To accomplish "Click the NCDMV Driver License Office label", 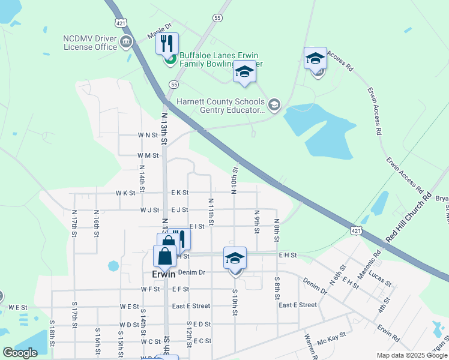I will [x=90, y=43].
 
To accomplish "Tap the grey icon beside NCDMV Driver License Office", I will [x=126, y=42].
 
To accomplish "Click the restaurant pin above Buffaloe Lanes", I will [x=167, y=44].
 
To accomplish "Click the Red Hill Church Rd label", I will [x=409, y=217].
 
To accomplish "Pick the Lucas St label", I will [x=380, y=278].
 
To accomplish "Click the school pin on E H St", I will [x=235, y=258].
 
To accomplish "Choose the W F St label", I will [x=150, y=289].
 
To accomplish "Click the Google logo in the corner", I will [x=20, y=353].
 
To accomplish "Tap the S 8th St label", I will [x=277, y=289].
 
